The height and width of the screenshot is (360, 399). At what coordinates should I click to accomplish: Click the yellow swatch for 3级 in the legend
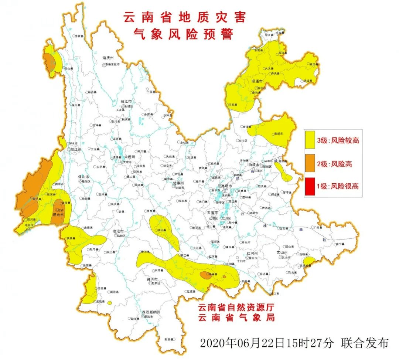click(x=310, y=140)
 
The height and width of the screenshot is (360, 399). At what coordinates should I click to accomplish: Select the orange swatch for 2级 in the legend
click(x=310, y=163)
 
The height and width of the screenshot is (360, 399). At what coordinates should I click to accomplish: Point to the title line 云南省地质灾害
click(x=184, y=17)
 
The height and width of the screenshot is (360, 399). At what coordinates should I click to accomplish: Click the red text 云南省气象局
click(x=236, y=317)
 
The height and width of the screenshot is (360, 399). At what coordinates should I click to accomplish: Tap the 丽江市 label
click(x=126, y=101)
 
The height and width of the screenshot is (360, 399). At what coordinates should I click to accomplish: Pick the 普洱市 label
click(x=153, y=279)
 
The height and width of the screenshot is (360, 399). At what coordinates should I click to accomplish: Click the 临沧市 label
click(x=118, y=231)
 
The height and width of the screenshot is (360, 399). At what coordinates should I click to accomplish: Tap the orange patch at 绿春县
click(x=205, y=275)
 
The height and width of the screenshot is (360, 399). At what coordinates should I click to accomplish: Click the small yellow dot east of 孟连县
click(x=110, y=303)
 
